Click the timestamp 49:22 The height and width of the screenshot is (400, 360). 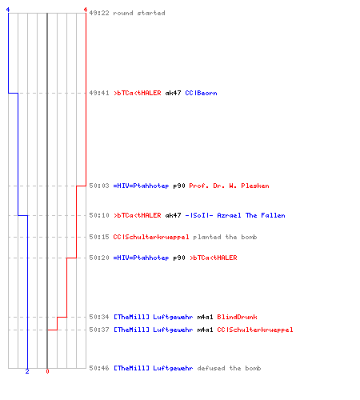pyautogui.click(x=99, y=13)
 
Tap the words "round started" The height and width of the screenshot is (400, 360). pyautogui.click(x=139, y=13)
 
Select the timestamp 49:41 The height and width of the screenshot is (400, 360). pyautogui.click(x=99, y=93)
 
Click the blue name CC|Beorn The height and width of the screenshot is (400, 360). pyautogui.click(x=201, y=93)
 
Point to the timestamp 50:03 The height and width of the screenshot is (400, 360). pyautogui.click(x=99, y=186)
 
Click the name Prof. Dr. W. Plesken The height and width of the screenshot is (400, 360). pyautogui.click(x=229, y=186)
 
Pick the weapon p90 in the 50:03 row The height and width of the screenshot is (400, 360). pyautogui.click(x=179, y=186)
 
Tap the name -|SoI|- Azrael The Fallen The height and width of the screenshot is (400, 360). pyautogui.click(x=235, y=215)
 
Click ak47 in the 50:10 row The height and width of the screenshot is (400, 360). pyautogui.click(x=173, y=215)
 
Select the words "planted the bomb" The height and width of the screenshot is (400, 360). pyautogui.click(x=225, y=237)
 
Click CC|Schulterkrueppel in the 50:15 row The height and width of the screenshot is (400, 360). pyautogui.click(x=151, y=237)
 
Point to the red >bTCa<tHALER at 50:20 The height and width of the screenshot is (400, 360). pyautogui.click(x=214, y=258)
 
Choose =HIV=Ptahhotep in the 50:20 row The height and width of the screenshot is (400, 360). pyautogui.click(x=141, y=258)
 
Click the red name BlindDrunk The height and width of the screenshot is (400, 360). pyautogui.click(x=237, y=317)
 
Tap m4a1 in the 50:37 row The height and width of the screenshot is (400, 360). pyautogui.click(x=205, y=330)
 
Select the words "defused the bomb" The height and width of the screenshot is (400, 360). pyautogui.click(x=229, y=368)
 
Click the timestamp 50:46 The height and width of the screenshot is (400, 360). pyautogui.click(x=99, y=368)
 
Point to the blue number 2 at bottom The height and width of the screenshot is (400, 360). pyautogui.click(x=27, y=371)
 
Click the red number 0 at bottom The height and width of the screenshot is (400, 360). pyautogui.click(x=47, y=371)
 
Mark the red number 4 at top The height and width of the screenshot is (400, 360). pyautogui.click(x=86, y=10)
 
